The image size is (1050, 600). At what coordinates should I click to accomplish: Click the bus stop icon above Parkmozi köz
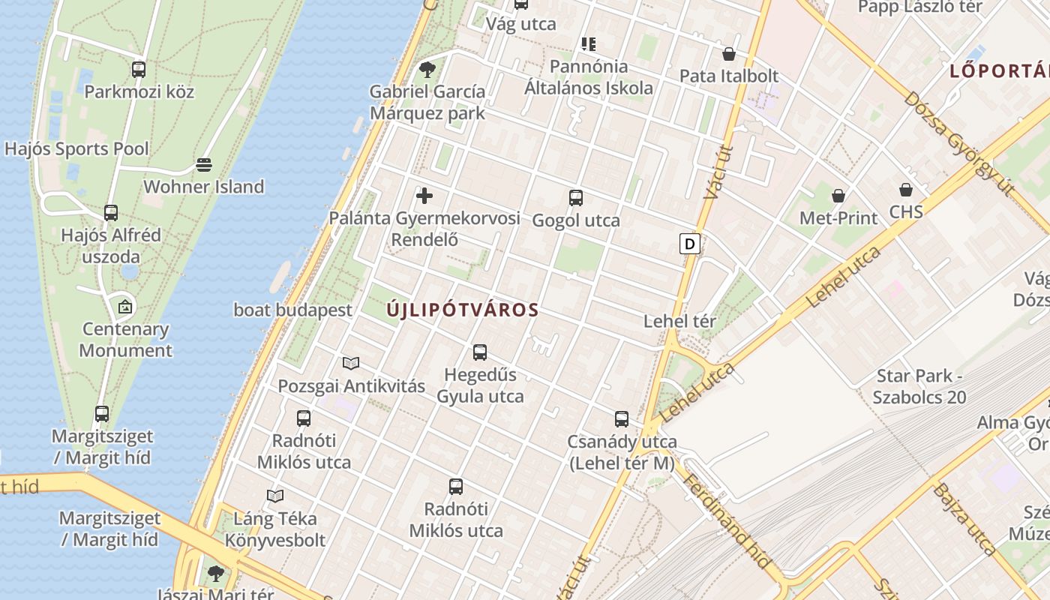[x=139, y=70]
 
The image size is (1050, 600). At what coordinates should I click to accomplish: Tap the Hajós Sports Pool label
[x=76, y=148]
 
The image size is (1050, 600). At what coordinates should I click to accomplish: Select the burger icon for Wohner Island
[x=204, y=164]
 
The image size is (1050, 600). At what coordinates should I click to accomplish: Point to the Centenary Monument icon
[x=125, y=307]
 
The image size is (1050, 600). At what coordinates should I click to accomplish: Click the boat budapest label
[x=292, y=310]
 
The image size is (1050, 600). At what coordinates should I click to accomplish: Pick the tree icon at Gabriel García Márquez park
[x=427, y=70]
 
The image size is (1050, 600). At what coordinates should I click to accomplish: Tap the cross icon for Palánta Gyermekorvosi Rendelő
[x=424, y=196]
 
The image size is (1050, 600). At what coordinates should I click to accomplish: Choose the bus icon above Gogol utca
[x=576, y=198]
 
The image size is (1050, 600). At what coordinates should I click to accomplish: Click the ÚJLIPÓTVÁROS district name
[x=463, y=310]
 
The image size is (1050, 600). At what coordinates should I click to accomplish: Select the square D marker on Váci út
[x=690, y=243]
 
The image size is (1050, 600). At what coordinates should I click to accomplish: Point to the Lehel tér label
[x=680, y=321]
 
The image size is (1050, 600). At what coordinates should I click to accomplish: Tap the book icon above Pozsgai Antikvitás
[x=351, y=364]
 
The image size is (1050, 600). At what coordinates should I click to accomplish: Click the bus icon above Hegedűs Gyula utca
[x=480, y=352]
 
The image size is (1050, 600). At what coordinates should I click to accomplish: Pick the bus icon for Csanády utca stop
[x=622, y=418]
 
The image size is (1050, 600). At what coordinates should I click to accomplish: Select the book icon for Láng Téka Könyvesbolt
[x=275, y=496]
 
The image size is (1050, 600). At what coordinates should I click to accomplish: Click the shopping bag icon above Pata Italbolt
[x=728, y=54]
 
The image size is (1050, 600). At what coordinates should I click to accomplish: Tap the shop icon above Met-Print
[x=838, y=196]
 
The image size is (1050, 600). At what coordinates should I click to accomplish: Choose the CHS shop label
[x=906, y=211]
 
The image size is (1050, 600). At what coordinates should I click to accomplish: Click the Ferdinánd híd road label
[x=726, y=520]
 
